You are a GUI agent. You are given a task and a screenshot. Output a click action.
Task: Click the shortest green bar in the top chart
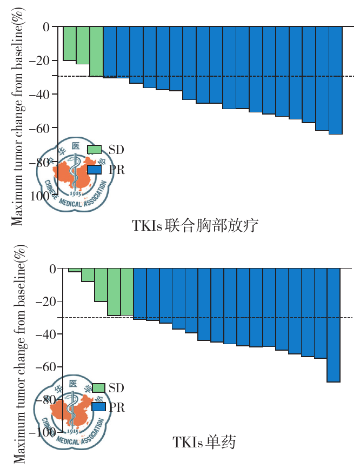tap(69, 43)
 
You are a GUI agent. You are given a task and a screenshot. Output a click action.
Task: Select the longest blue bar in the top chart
tap(335, 80)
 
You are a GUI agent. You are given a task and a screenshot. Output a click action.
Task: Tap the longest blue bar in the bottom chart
tap(334, 325)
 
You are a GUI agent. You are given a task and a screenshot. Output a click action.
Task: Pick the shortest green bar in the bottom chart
tap(75, 270)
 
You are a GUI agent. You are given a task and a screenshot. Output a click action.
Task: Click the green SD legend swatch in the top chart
tap(94, 150)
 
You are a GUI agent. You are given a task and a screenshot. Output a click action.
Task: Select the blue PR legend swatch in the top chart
tap(94, 170)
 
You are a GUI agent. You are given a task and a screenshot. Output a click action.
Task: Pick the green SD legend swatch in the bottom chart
tap(98, 388)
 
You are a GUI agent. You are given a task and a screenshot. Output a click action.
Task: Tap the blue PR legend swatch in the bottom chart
tap(98, 407)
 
